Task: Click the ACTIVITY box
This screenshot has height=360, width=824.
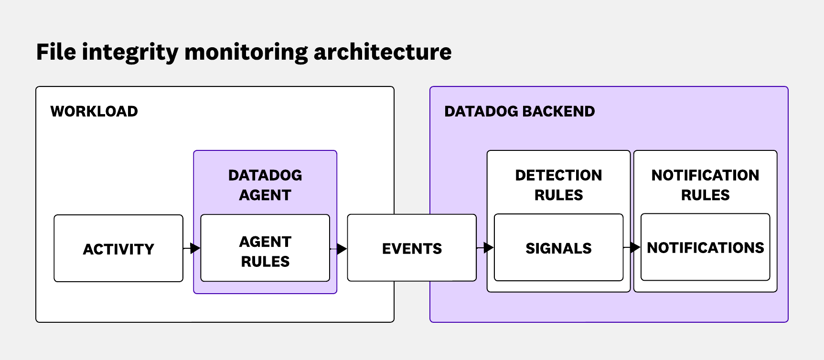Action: (118, 249)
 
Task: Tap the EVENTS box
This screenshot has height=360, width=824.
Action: (412, 248)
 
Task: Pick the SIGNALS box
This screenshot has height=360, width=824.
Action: (558, 248)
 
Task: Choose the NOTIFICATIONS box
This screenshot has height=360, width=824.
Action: (705, 248)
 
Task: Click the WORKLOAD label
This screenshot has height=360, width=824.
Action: (94, 111)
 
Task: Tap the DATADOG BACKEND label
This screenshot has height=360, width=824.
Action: (519, 111)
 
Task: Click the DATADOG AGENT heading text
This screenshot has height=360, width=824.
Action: (265, 185)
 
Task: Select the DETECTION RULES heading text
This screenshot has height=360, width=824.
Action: (558, 185)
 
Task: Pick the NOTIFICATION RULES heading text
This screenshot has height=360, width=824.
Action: (705, 185)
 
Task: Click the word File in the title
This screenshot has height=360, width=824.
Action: (56, 52)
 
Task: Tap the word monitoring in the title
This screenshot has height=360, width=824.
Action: (246, 52)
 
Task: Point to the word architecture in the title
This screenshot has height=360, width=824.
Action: (382, 52)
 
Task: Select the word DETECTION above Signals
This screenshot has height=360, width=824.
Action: (558, 175)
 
